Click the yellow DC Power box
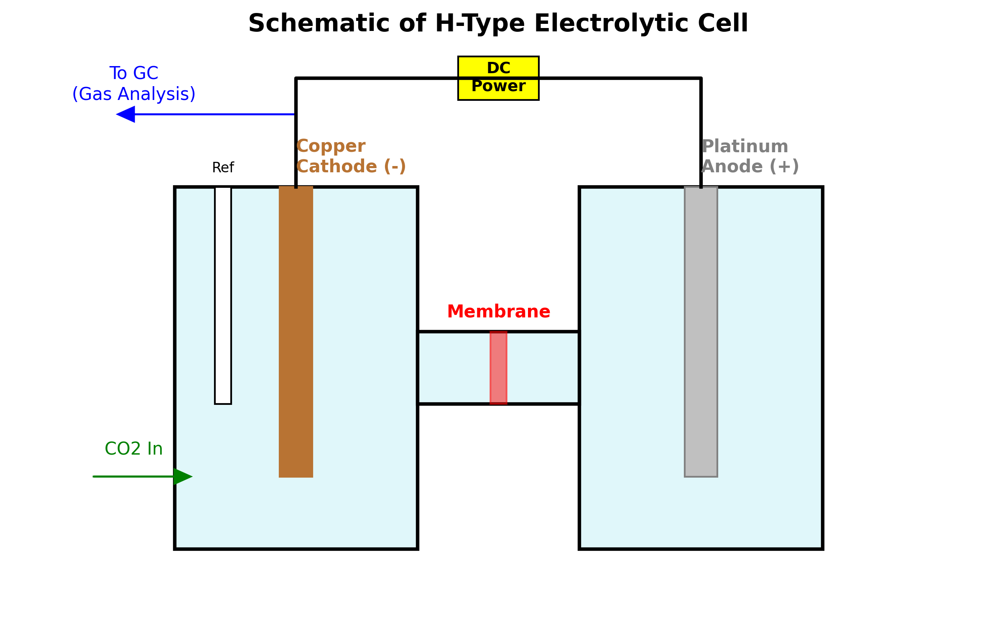[x=498, y=78]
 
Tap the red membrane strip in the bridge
[x=498, y=368]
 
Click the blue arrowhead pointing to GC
[x=126, y=114]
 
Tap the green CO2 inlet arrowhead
[x=182, y=476]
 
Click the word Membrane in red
[x=498, y=312]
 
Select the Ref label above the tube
[x=223, y=168]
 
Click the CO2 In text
[x=133, y=449]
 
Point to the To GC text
[x=134, y=73]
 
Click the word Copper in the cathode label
[x=331, y=146]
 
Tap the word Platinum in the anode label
[x=745, y=146]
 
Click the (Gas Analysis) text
[x=134, y=94]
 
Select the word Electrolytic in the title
[x=611, y=23]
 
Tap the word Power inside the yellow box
[x=498, y=86]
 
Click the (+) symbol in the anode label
[x=784, y=166]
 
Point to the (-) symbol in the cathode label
[x=395, y=166]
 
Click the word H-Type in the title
[x=479, y=23]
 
